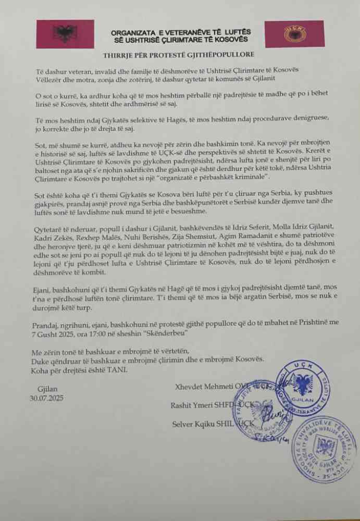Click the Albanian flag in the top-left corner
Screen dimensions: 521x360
click(x=65, y=34)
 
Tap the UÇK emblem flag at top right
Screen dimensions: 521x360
click(x=295, y=34)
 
